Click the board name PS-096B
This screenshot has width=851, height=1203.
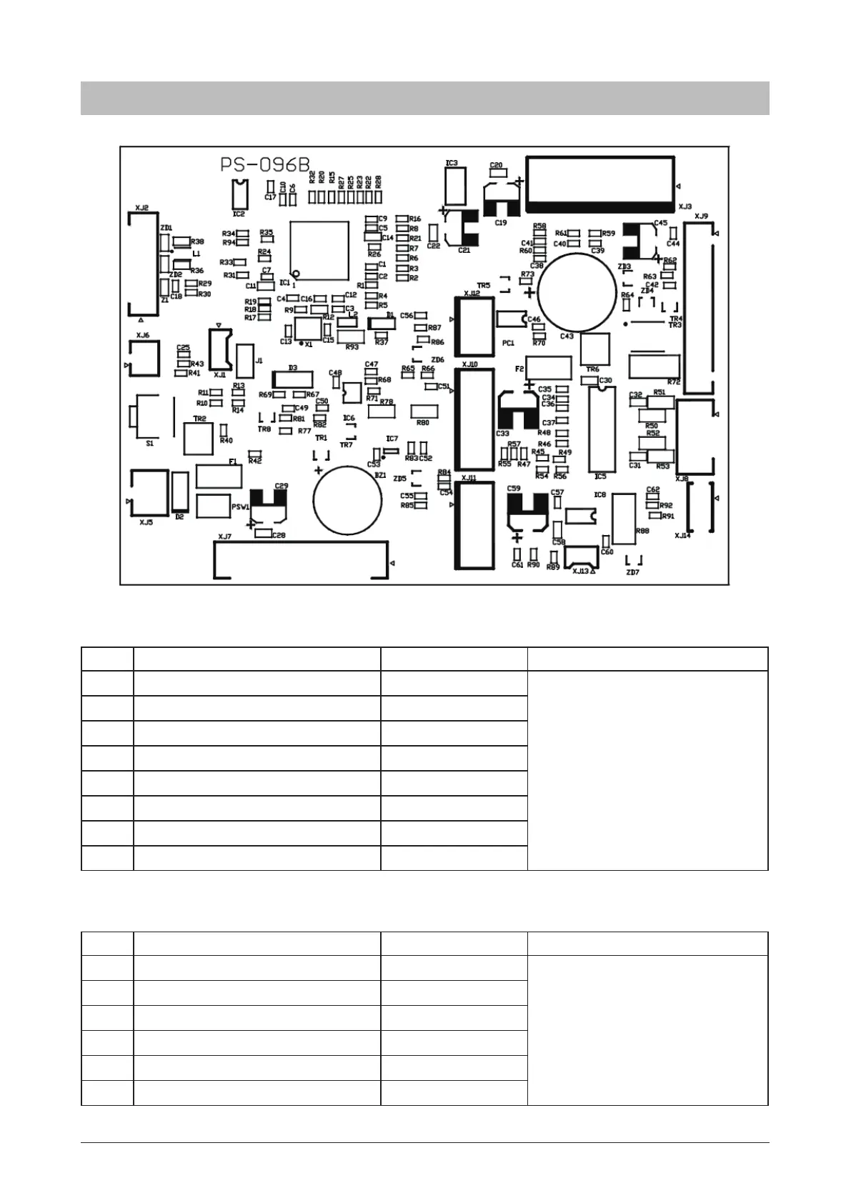pos(265,165)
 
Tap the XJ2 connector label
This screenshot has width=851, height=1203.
pos(141,208)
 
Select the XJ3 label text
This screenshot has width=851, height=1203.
pos(685,205)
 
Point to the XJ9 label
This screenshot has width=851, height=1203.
pos(701,216)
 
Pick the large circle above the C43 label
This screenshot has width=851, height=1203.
pos(577,292)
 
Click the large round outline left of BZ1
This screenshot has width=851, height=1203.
pos(349,500)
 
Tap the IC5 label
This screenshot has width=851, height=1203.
pos(600,476)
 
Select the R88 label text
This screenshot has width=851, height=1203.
pos(642,531)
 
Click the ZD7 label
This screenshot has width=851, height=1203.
pos(632,572)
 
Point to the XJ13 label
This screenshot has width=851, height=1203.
pos(580,571)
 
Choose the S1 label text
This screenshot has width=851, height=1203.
pos(149,443)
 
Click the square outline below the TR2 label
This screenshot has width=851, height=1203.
pos(199,439)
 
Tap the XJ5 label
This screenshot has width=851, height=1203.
pos(146,522)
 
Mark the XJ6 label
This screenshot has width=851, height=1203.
pos(142,335)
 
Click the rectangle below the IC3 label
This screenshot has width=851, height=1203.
pos(454,186)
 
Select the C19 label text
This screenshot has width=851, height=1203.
pos(501,222)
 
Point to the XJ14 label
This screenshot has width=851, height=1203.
pos(682,535)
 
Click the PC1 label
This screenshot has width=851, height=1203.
pos(508,343)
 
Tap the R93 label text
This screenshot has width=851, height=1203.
pos(352,347)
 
